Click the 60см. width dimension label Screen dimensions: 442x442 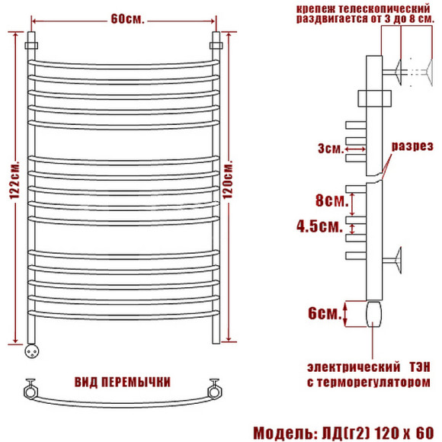coord(127,19)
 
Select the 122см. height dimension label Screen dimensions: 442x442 coord(14,181)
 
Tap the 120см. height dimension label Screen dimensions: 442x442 coord(228,180)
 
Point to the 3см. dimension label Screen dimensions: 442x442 coord(331,149)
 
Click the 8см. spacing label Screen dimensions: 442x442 coord(331,200)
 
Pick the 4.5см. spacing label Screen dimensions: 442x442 coord(319,226)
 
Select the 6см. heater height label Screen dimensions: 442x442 coord(325,313)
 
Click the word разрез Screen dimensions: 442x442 coord(412,146)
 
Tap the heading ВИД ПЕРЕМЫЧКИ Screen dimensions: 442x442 coord(123,383)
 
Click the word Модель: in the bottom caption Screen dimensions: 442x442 coord(284,433)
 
